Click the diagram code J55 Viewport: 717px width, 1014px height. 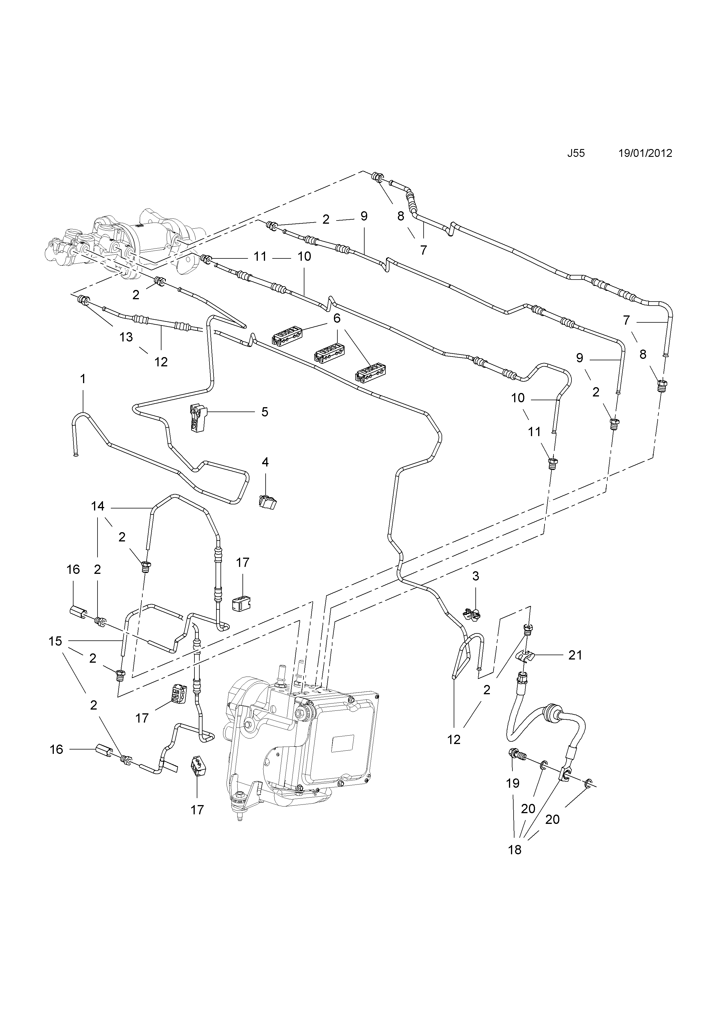coord(576,153)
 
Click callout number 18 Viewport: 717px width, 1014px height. coord(515,849)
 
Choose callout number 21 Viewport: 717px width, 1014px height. coord(575,655)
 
